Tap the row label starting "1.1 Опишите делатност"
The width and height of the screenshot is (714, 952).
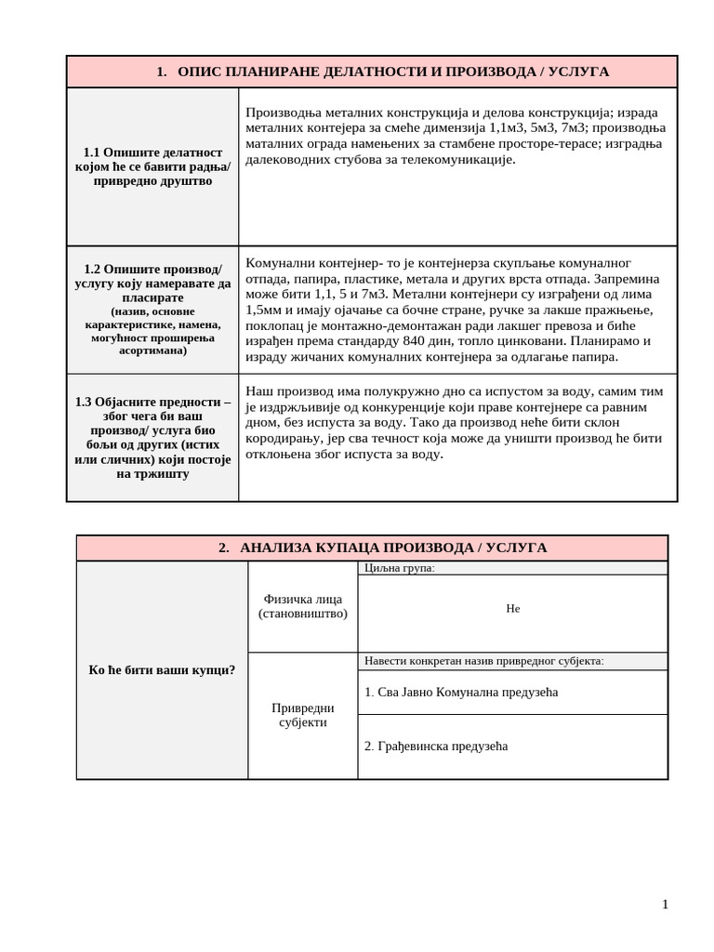[x=152, y=166]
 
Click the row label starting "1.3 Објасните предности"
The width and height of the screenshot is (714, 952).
[x=152, y=438]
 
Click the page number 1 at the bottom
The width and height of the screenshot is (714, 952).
[x=665, y=904]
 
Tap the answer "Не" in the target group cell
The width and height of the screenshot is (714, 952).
[x=512, y=608]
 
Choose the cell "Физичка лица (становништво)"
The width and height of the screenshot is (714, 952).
[x=302, y=606]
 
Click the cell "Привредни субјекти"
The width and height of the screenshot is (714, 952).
[x=302, y=715]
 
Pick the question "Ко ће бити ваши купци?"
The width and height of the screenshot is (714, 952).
[x=162, y=670]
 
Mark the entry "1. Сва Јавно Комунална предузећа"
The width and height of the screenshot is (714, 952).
[x=461, y=692]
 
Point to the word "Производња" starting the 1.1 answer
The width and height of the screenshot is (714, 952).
[x=282, y=111]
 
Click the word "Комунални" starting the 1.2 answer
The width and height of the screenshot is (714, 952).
[x=279, y=262]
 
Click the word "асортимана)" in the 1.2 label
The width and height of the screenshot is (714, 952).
[x=152, y=350]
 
